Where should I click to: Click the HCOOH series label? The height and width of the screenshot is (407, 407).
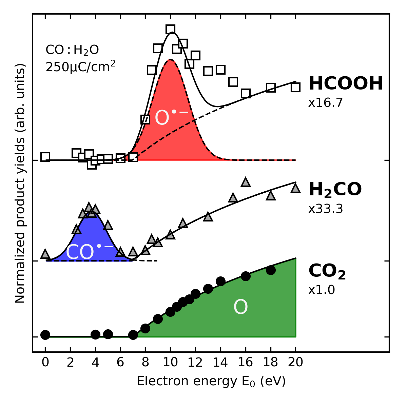point(346,83)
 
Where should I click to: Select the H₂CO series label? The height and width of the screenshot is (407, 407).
point(335,190)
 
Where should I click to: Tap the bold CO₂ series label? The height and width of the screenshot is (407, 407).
point(327,271)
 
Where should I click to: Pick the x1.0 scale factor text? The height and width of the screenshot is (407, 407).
point(322,290)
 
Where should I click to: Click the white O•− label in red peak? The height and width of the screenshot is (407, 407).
point(171,117)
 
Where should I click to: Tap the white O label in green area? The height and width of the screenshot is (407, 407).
point(240,307)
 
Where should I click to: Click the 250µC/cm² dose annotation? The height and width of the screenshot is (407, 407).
point(80,66)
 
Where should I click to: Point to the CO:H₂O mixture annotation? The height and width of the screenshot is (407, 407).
point(72,50)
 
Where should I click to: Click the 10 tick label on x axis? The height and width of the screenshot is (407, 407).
point(170,363)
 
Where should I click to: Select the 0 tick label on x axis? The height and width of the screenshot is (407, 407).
point(45,363)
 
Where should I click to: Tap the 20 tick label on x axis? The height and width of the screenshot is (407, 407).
point(295,363)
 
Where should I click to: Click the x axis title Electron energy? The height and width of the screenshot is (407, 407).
point(211,381)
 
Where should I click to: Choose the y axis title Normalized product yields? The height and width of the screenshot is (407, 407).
point(20,183)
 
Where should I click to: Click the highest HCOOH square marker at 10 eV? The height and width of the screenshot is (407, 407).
point(171,30)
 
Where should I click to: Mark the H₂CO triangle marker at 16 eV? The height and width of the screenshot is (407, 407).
point(246,182)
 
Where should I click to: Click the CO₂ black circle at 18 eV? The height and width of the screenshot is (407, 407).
point(270,270)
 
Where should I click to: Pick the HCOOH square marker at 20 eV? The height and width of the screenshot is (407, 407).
point(295,87)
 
